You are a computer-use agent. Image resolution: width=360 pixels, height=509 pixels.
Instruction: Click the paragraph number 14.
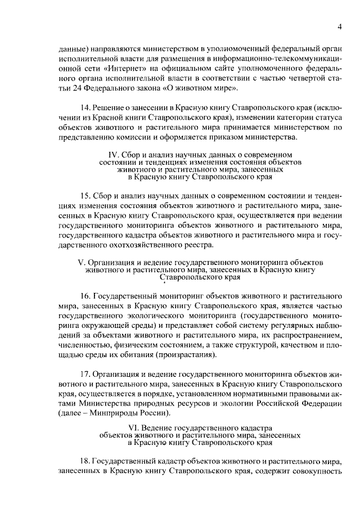click(x=86, y=107)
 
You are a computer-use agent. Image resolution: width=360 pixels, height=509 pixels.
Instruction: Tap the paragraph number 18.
click(x=86, y=460)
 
